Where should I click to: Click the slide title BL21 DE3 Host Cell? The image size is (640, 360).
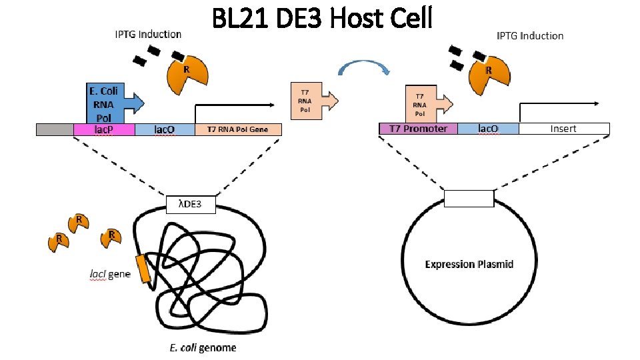point(322,18)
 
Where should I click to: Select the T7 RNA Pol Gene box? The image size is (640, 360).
point(238,129)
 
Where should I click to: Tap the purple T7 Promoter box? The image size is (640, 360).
point(418,129)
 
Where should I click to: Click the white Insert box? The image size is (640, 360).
point(563,129)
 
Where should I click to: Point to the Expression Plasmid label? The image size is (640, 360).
point(469,264)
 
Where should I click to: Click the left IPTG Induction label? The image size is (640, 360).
point(148,34)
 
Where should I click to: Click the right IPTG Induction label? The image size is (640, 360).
point(530,35)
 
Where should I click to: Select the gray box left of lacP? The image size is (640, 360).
point(55,129)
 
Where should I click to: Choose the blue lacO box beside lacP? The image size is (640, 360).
point(165,129)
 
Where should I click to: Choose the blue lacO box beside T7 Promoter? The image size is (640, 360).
point(488,129)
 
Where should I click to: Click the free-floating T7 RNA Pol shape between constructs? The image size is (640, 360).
point(310,101)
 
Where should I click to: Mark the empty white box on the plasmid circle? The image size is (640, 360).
point(469,199)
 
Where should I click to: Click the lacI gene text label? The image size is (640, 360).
point(110,273)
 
